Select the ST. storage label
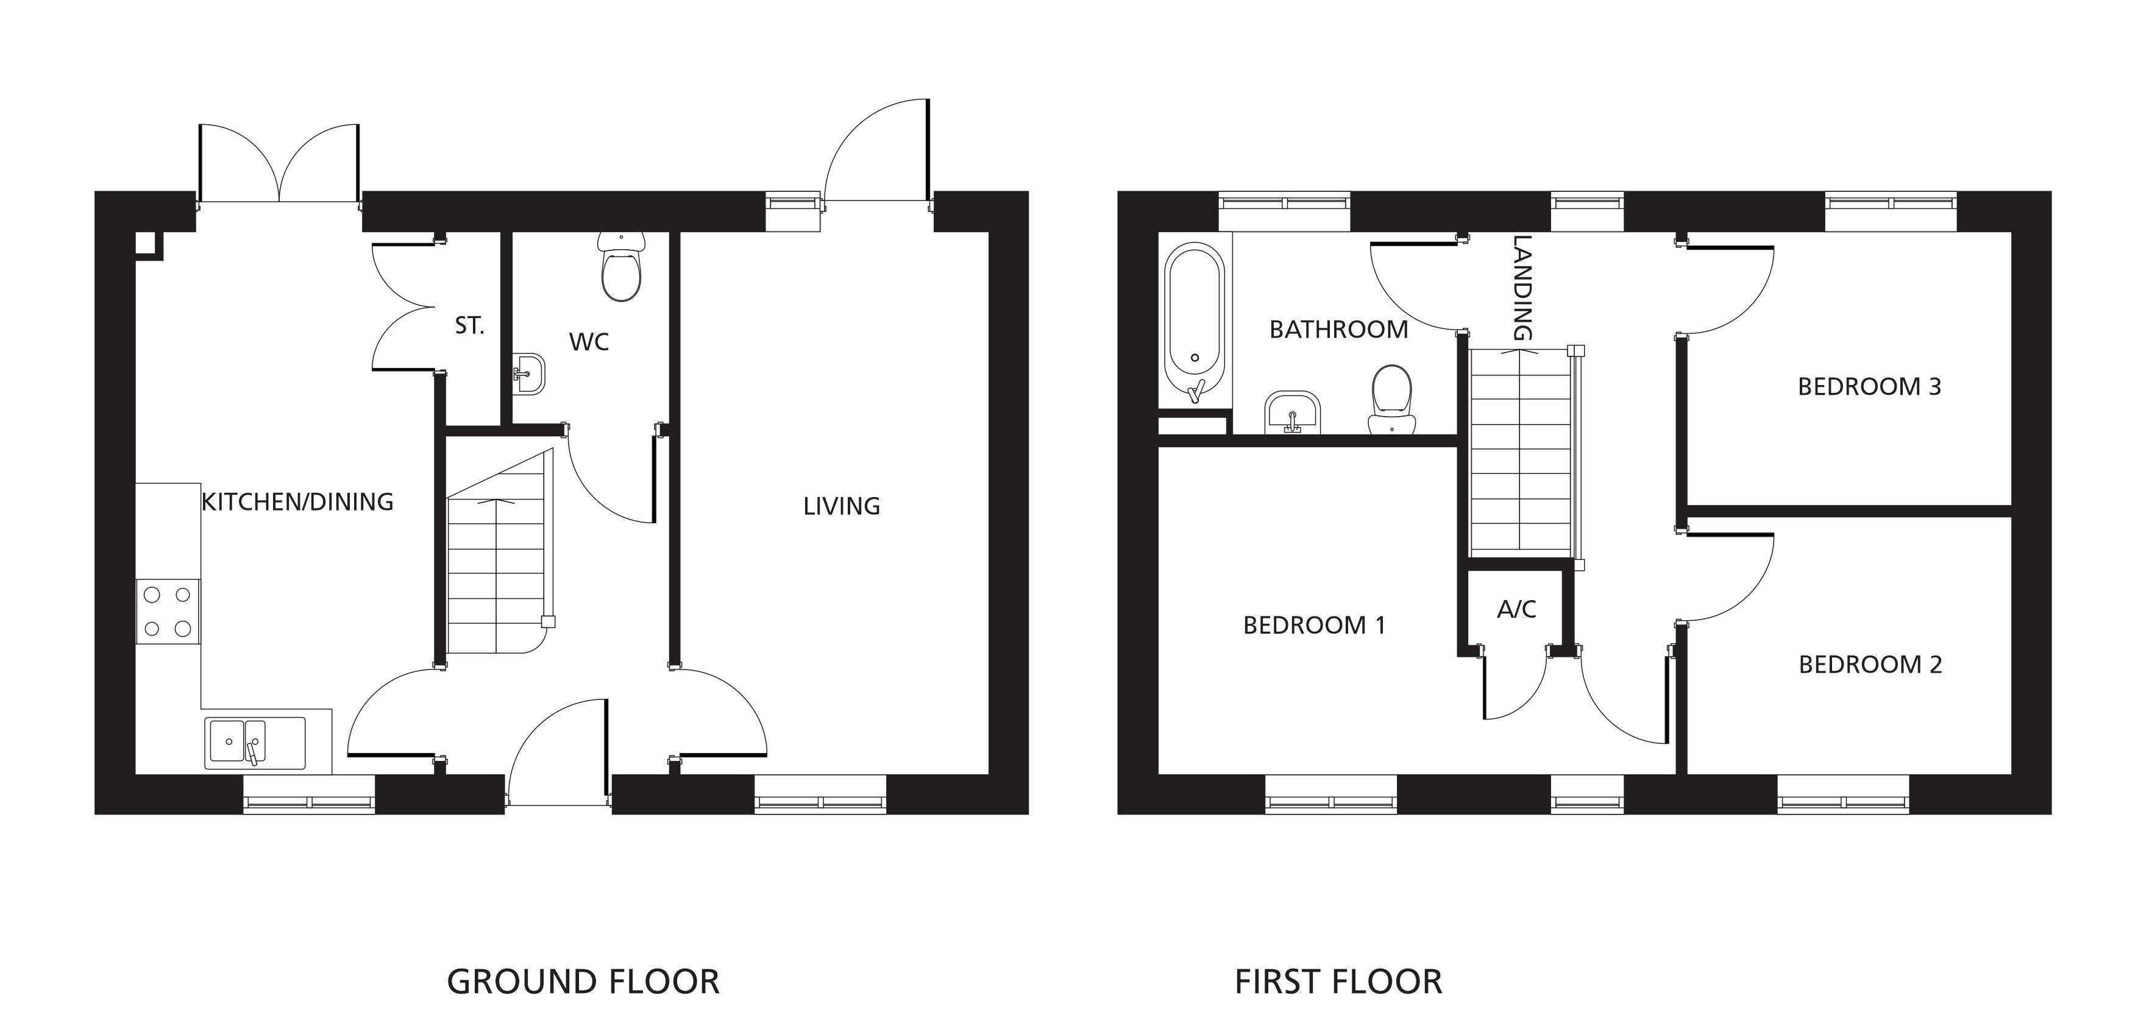tap(469, 326)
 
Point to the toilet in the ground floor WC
tap(622, 266)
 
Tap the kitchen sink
tap(255, 743)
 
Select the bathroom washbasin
tap(1292, 412)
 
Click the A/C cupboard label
tap(1516, 610)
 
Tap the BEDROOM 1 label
tap(1314, 624)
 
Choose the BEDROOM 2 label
tap(1870, 665)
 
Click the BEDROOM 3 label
tap(1869, 387)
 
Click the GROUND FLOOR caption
tap(583, 981)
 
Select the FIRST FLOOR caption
tap(1338, 981)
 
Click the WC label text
tap(589, 342)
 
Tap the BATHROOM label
tap(1339, 330)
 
